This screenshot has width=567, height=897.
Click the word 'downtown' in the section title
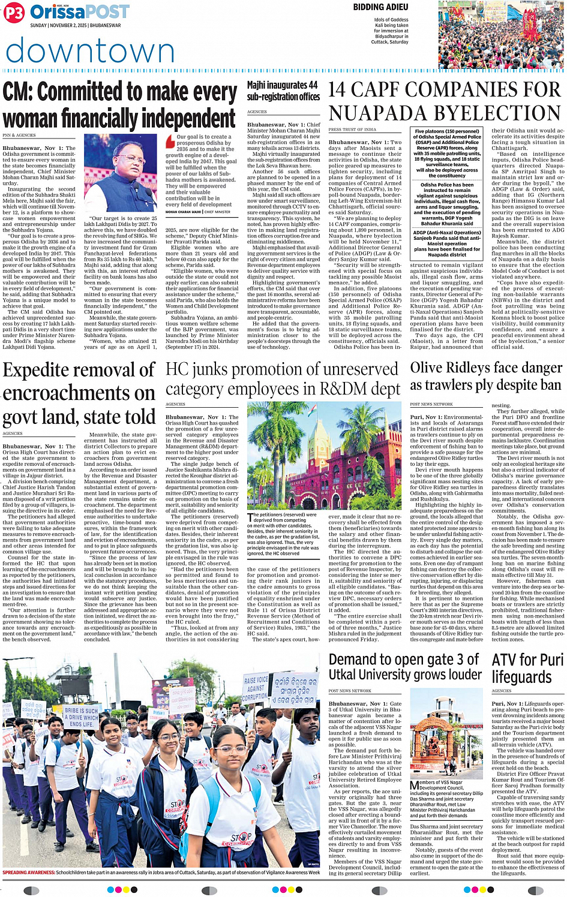coord(90,51)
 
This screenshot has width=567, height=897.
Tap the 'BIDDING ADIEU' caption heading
coord(380,7)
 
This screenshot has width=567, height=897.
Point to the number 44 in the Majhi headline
coord(311,85)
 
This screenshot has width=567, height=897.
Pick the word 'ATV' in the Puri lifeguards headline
coord(506,661)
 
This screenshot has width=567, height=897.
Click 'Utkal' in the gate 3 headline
coord(346,675)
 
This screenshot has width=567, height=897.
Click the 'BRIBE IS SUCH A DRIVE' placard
coord(81,717)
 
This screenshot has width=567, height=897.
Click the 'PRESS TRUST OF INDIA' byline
coord(352,130)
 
